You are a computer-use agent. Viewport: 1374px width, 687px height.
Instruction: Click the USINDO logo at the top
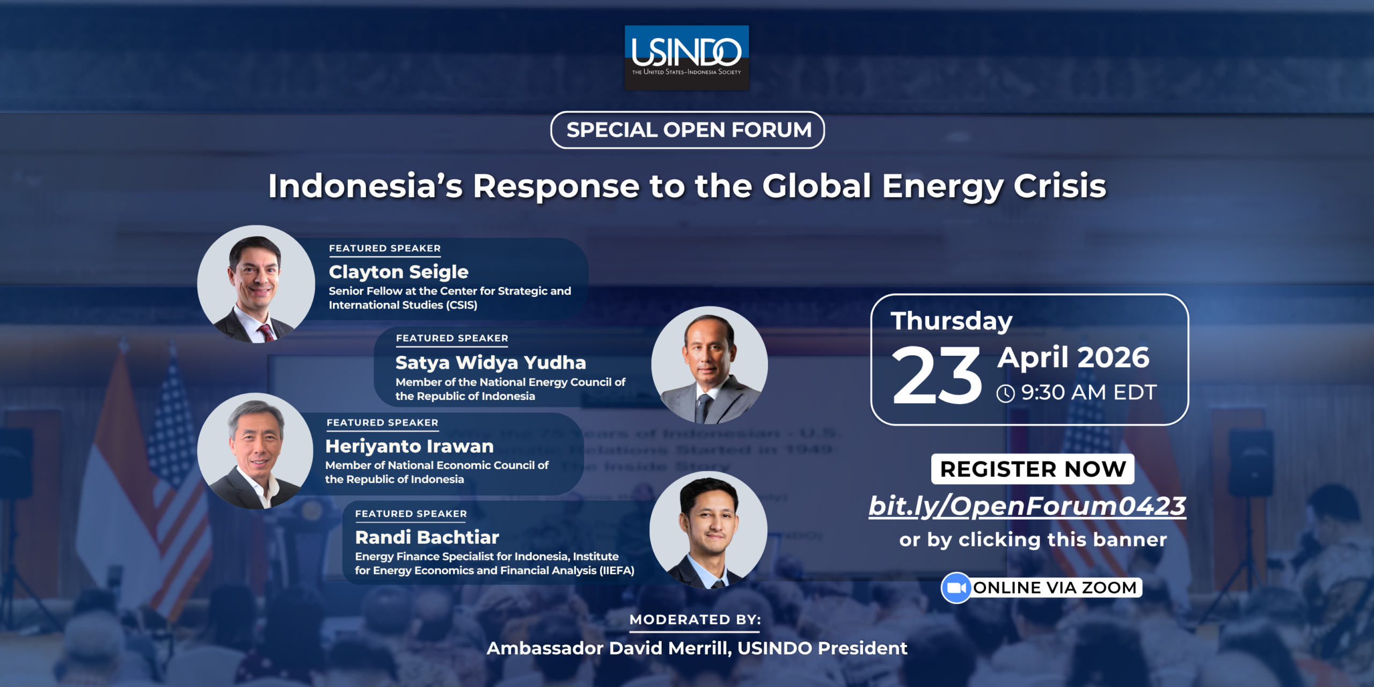click(686, 57)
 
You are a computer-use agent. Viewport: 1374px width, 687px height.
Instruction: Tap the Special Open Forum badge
click(688, 130)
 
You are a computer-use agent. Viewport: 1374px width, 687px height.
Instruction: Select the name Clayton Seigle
click(399, 272)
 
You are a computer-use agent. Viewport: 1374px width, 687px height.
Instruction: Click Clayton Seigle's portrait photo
click(256, 284)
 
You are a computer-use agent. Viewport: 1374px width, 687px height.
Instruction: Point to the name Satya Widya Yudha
click(491, 363)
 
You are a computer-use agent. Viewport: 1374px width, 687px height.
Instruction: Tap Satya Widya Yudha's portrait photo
click(710, 365)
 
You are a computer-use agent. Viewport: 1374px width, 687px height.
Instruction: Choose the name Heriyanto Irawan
click(410, 447)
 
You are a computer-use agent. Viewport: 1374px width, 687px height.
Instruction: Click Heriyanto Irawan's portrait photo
click(255, 451)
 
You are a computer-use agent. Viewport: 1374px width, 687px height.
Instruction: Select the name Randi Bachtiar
click(427, 537)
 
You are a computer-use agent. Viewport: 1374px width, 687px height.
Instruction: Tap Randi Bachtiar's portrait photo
click(708, 530)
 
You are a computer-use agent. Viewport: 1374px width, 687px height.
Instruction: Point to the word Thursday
click(952, 321)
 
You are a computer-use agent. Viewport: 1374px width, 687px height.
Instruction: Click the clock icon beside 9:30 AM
click(1006, 393)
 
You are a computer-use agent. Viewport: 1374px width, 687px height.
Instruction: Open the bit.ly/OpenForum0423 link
click(1027, 506)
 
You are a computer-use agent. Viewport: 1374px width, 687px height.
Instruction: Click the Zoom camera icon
click(956, 588)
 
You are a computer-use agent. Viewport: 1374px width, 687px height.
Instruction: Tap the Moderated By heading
click(695, 620)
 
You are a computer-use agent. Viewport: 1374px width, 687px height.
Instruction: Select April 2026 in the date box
click(1073, 357)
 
